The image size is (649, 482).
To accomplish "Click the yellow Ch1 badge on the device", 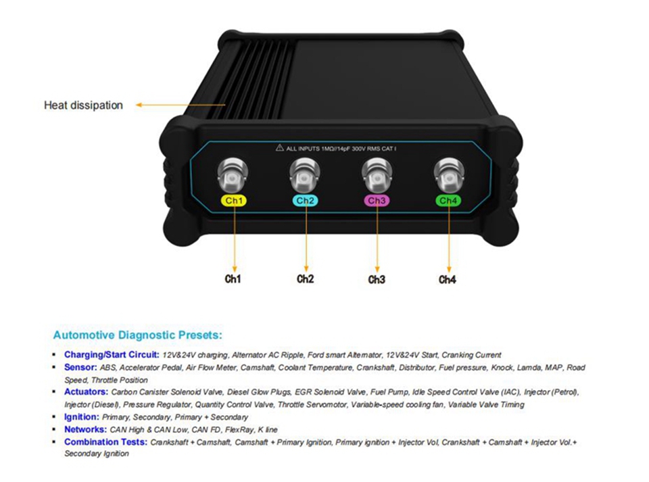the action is point(234,201).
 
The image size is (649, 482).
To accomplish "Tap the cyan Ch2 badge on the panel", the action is point(306,201).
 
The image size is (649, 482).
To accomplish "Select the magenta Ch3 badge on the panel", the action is point(377,201).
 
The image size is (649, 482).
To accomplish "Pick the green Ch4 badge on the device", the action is point(448,201).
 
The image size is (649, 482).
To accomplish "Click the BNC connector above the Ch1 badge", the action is point(233,174).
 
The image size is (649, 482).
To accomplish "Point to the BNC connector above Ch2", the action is point(305,174).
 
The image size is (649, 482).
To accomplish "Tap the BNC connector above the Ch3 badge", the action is point(377,174).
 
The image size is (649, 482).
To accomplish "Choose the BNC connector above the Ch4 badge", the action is point(449,174).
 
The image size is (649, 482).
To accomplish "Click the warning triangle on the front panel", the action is point(280,147).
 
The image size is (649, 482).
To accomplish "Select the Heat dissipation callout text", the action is point(84,105).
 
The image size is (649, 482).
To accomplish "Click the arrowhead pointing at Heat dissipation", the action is point(139,105).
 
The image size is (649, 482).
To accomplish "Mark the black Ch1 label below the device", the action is point(233,279).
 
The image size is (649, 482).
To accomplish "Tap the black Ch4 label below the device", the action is point(448,280).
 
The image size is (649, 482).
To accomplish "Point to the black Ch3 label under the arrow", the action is point(377,280).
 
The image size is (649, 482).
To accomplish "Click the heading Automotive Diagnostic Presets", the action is point(138,335).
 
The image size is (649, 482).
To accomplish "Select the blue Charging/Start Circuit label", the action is point(112,354).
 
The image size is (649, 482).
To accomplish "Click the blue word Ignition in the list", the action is point(82,417).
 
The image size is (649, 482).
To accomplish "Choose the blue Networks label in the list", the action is point(86,429).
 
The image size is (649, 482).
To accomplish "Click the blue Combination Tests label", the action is point(106,442).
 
